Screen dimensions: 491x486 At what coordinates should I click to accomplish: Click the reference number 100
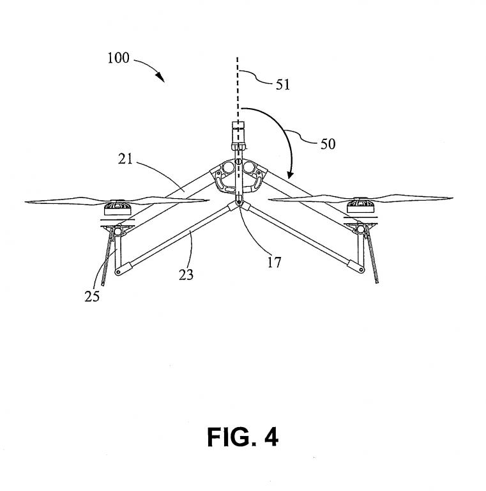tap(119, 58)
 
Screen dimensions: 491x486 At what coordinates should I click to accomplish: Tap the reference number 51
tap(282, 84)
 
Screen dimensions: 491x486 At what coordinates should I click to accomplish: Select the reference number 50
tap(327, 144)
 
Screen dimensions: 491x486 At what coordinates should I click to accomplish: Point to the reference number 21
tap(125, 159)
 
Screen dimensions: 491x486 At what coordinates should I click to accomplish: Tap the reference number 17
tap(274, 261)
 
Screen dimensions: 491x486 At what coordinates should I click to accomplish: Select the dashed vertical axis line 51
tap(238, 90)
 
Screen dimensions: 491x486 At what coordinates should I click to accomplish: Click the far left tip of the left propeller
tap(27, 203)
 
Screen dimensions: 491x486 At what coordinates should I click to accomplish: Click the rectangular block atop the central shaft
tap(238, 134)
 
